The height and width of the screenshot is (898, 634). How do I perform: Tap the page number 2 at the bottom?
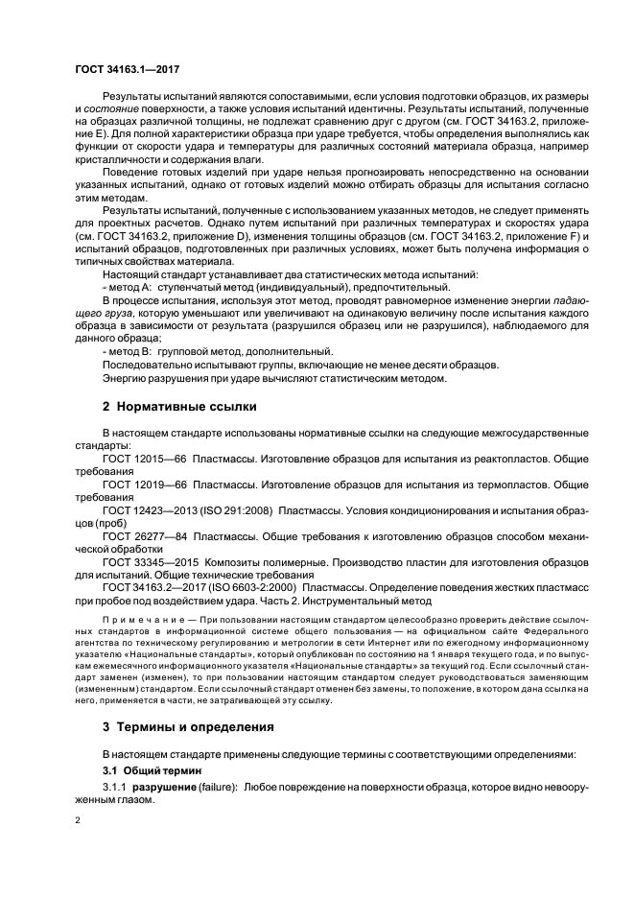coord(79,821)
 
